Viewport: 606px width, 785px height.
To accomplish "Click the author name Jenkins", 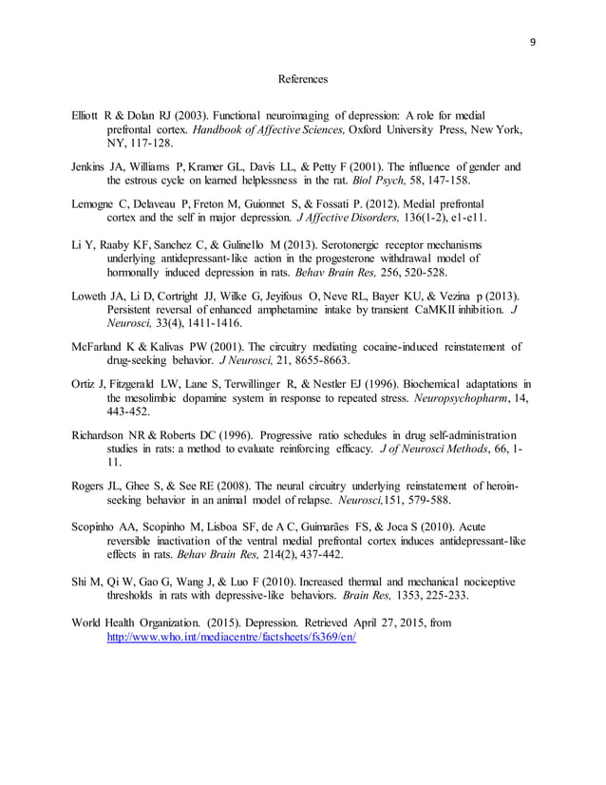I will (90, 167).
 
